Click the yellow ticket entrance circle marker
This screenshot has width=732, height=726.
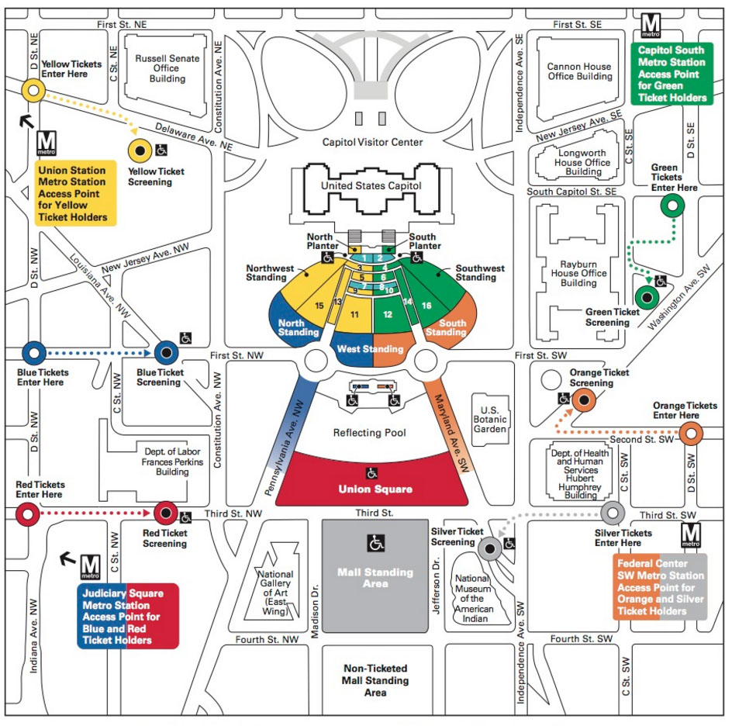[33, 90]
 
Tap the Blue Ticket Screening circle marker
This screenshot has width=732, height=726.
[165, 353]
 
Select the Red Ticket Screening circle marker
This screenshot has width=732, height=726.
[165, 512]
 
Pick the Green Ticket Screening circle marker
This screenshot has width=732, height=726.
[646, 296]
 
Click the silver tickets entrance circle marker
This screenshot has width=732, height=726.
[613, 513]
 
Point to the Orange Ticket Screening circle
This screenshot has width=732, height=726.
[584, 400]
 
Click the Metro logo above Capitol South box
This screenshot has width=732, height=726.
[649, 26]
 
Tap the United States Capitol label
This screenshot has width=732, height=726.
[371, 186]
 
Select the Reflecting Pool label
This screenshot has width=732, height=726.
[369, 433]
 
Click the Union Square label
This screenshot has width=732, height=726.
[375, 489]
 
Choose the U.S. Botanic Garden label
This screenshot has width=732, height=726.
[492, 420]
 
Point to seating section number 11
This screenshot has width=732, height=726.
[354, 314]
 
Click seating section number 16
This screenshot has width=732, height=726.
[426, 306]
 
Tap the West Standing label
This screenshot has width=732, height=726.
[370, 349]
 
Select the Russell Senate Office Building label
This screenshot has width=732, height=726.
[167, 68]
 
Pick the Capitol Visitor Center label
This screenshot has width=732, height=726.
[373, 142]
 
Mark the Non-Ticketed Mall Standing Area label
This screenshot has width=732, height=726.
[375, 679]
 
